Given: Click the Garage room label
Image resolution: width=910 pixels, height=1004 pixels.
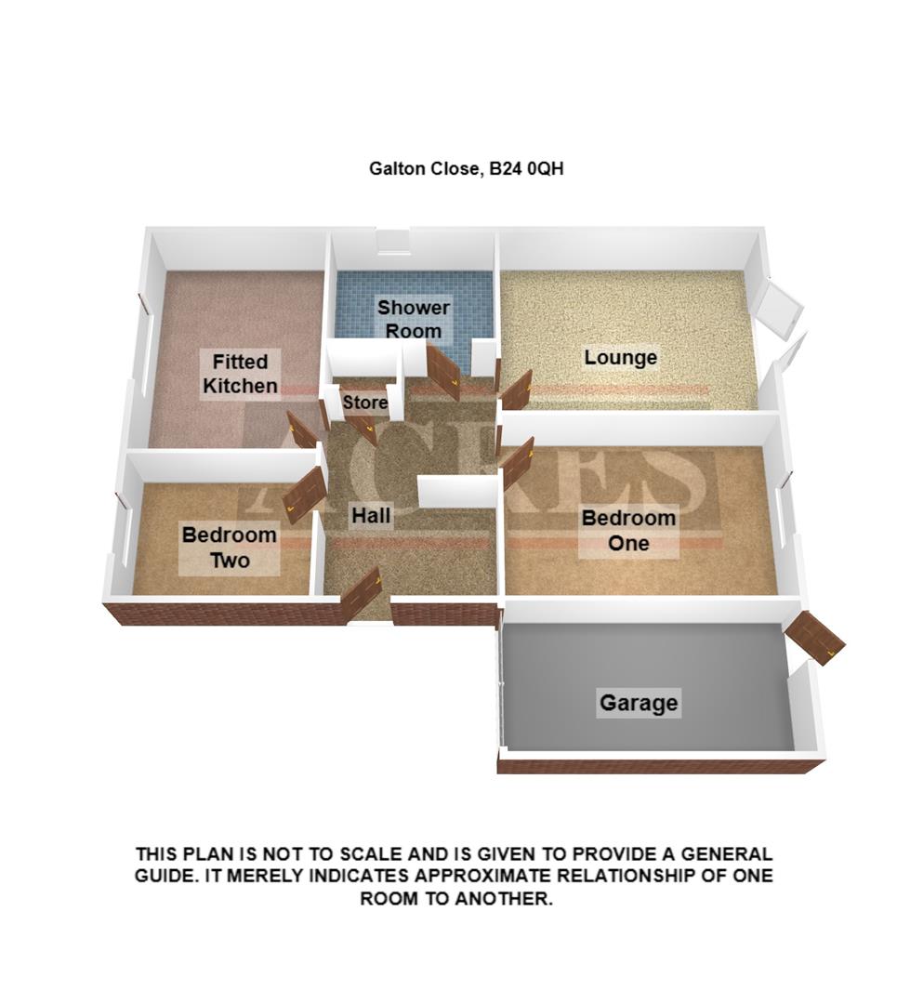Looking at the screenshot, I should [x=639, y=703].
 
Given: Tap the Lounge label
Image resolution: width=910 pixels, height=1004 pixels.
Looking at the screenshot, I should [x=620, y=358].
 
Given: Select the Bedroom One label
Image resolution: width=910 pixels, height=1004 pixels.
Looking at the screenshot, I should [x=628, y=531].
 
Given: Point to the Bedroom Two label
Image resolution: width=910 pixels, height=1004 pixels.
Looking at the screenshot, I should [x=229, y=548].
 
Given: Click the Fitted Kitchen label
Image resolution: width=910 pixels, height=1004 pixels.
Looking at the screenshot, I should [x=240, y=373].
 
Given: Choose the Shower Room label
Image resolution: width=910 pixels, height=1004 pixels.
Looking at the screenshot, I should [x=414, y=319].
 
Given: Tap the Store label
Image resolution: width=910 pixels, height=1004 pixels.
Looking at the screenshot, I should [x=364, y=403].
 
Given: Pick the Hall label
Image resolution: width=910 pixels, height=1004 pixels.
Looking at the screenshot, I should [x=370, y=516].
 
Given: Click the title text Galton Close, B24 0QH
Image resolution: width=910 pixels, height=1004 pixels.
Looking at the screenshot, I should [x=467, y=169].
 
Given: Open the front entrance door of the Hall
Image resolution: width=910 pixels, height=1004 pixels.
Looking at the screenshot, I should [x=361, y=594].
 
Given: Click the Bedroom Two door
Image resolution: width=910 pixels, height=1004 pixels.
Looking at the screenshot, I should [x=305, y=490].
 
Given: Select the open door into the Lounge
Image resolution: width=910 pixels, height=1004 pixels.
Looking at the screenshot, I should [x=516, y=390].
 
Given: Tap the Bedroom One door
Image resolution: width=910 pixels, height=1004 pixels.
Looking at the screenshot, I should [x=517, y=462].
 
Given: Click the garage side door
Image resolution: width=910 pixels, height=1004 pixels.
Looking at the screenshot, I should [x=814, y=638].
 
